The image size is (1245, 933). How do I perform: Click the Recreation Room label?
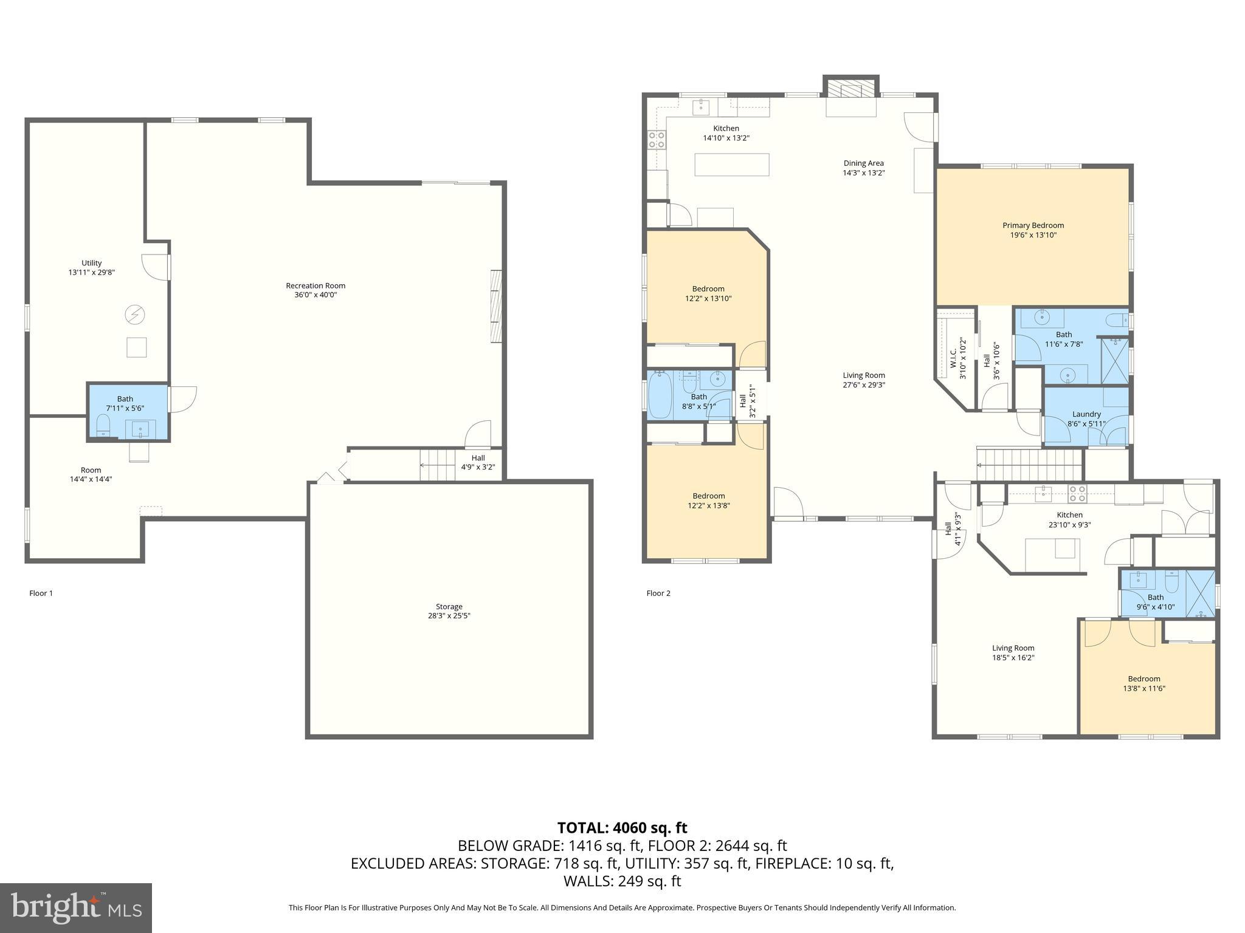(x=316, y=285)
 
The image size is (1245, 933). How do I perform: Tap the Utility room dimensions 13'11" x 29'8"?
(x=91, y=273)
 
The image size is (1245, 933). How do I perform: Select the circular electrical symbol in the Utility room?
(x=134, y=315)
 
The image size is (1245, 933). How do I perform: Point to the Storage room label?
(x=449, y=606)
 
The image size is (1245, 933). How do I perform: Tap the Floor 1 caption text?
(x=41, y=593)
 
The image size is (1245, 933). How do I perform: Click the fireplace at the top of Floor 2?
(x=850, y=90)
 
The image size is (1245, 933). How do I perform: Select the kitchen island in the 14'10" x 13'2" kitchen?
(x=731, y=165)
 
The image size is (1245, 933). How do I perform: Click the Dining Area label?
(x=863, y=163)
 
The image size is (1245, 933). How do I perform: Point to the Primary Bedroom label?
(x=1033, y=225)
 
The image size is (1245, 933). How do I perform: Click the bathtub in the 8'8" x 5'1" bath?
(x=660, y=395)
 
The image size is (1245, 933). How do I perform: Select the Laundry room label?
(x=1086, y=414)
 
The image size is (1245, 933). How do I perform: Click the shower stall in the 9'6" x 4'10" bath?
(x=1199, y=594)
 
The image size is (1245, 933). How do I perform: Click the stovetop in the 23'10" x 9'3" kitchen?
(x=1077, y=493)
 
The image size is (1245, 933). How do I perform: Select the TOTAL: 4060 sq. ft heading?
(x=622, y=828)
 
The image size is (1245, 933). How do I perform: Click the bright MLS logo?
(x=76, y=907)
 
